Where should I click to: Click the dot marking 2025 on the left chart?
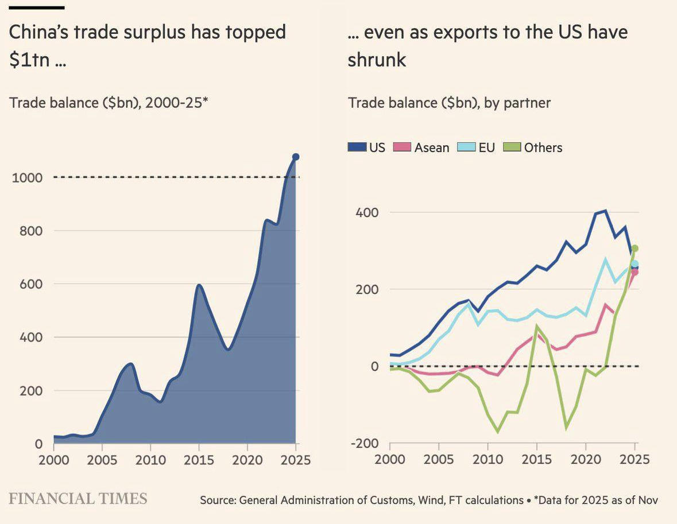click(x=296, y=157)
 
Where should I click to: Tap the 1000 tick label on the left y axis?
click(x=27, y=177)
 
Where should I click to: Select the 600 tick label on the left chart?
click(x=31, y=284)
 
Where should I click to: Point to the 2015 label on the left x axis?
click(x=199, y=460)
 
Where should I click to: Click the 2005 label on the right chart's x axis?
click(x=439, y=460)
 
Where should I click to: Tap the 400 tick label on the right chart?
click(x=367, y=212)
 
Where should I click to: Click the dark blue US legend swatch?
click(x=357, y=148)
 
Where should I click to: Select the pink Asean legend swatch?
click(x=402, y=148)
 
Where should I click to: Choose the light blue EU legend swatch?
click(x=466, y=148)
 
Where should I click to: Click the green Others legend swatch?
click(x=512, y=148)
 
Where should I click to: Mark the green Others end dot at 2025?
click(x=635, y=249)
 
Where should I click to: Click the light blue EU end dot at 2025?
click(x=635, y=264)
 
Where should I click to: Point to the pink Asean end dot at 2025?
click(x=635, y=272)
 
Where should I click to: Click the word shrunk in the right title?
click(x=377, y=60)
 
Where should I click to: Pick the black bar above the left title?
click(x=37, y=7)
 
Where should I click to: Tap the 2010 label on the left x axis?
click(x=150, y=460)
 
